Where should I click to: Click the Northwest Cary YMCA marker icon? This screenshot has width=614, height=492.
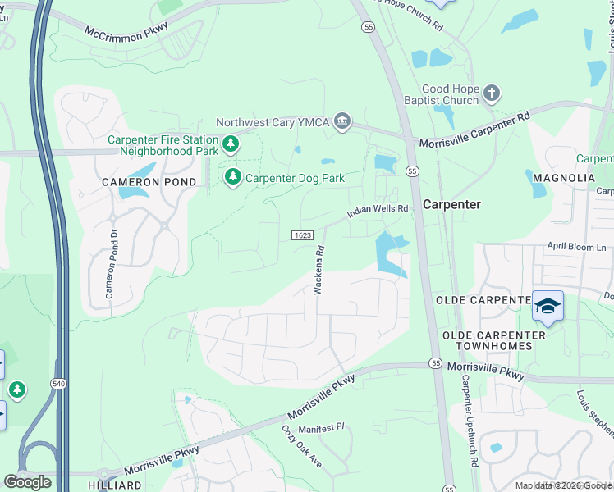point(342,122)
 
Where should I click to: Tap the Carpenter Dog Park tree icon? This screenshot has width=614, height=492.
point(233,177)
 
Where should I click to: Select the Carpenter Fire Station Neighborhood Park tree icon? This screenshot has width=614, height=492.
point(231,144)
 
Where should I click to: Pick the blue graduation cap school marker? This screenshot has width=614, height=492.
point(548,307)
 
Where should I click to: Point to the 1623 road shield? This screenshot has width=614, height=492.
point(302,235)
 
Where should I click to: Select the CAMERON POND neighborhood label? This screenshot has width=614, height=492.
point(149,182)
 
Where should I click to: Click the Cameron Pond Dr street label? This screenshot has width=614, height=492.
point(109,262)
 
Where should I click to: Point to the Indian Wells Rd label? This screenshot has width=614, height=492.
point(378,210)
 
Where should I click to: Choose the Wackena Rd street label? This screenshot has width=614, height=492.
point(318,270)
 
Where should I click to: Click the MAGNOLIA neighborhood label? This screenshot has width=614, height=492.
point(563,178)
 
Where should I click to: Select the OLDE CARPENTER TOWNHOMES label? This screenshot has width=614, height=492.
point(493,341)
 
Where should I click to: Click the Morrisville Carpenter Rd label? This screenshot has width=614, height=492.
point(474,131)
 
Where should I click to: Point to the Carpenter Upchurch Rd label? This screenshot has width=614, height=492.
point(469,421)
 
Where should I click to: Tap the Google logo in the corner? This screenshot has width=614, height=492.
point(27,482)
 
